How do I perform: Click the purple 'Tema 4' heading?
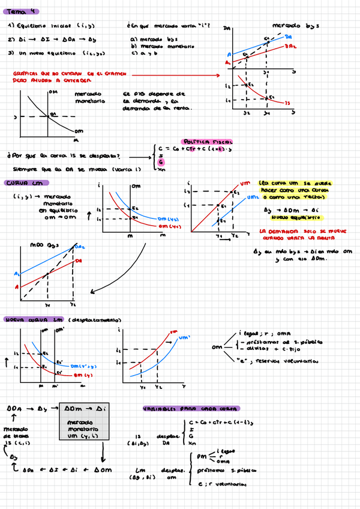23,11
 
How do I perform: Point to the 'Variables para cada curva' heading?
192,409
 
